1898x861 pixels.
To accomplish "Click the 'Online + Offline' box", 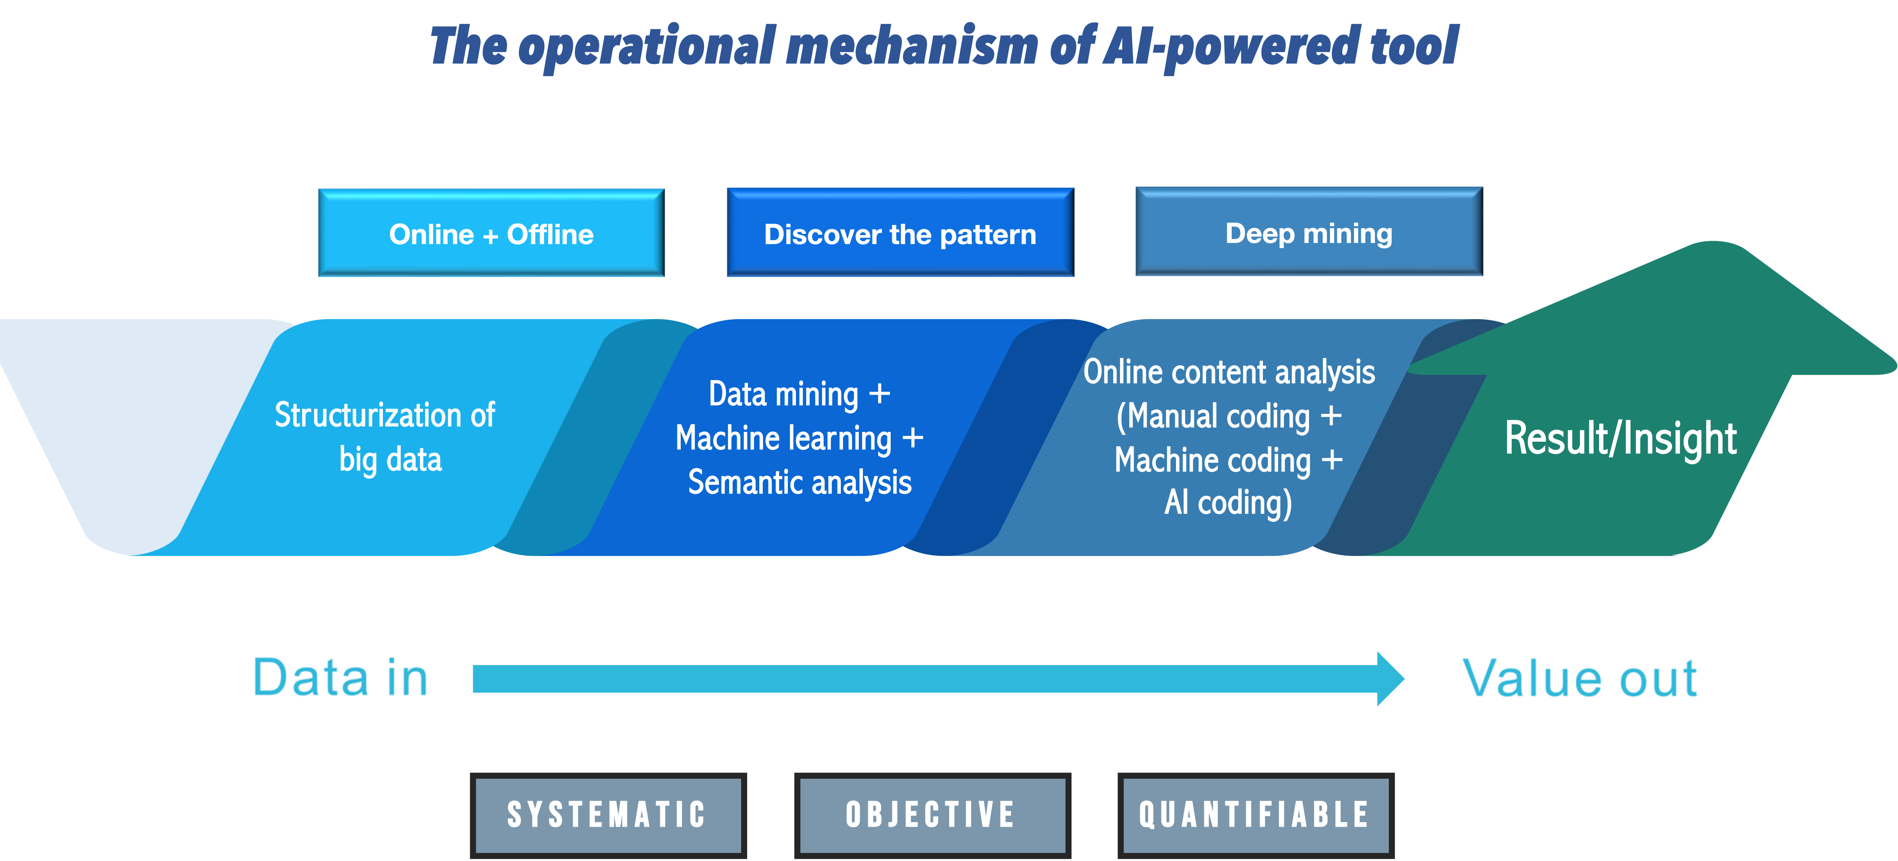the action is (x=491, y=233).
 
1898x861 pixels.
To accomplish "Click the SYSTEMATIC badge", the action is (x=608, y=815).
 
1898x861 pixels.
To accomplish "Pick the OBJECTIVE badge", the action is (x=932, y=815).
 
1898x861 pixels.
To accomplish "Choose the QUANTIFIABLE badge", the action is (x=1256, y=815).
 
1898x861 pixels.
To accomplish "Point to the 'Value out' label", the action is (x=1580, y=678).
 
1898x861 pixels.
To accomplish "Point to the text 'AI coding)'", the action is (x=1228, y=503).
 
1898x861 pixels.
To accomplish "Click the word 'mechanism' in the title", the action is (x=911, y=46).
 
